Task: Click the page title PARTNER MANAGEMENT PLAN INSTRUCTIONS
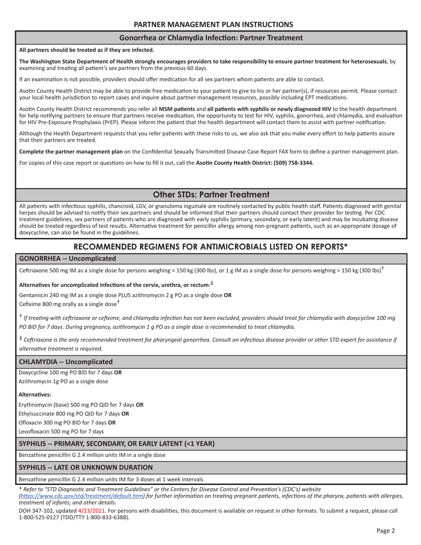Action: pyautogui.click(x=213, y=24)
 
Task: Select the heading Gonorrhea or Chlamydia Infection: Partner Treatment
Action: pyautogui.click(x=211, y=38)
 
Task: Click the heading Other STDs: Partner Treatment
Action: pyautogui.click(x=211, y=195)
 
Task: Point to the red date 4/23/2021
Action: pyautogui.click(x=92, y=510)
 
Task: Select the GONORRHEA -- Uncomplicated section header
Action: pyautogui.click(x=67, y=258)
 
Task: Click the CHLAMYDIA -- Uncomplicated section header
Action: pyautogui.click(x=66, y=362)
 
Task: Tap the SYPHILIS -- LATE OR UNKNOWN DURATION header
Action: pyautogui.click(x=86, y=467)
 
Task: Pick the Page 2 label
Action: pyautogui.click(x=386, y=530)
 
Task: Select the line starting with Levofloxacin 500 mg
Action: pyautogui.click(x=61, y=431)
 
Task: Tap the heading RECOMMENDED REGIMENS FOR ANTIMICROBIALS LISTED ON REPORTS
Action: pyautogui.click(x=210, y=246)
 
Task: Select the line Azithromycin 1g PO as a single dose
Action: pyautogui.click(x=63, y=381)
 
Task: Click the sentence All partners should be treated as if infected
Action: pyautogui.click(x=86, y=50)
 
